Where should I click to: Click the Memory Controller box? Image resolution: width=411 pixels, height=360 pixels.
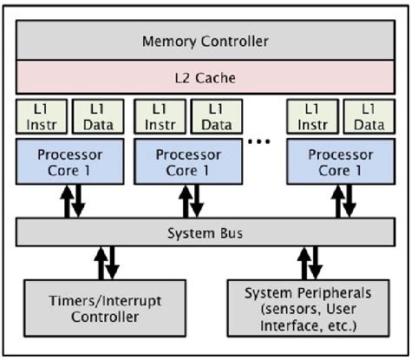[205, 41]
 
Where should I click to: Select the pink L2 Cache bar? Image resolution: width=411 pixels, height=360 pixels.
[205, 78]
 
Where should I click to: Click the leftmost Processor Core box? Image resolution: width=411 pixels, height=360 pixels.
[69, 161]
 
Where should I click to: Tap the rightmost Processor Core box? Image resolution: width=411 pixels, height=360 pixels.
[340, 161]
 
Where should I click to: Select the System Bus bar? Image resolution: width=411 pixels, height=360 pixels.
[205, 232]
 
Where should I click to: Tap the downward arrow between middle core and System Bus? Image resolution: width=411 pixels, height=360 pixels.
[198, 202]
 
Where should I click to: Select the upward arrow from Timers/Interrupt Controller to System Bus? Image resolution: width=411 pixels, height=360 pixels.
[100, 263]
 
